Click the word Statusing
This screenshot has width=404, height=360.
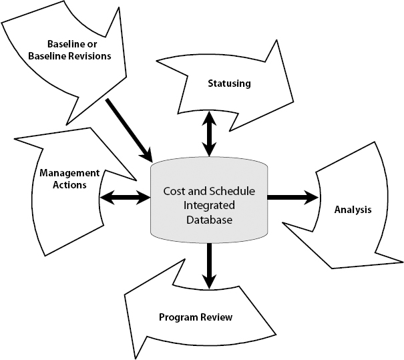coord(228,83)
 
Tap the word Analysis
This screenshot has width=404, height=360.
coord(353,210)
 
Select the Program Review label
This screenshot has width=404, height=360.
coord(195,317)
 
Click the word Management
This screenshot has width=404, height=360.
coord(69,173)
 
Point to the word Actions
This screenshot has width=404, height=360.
coord(69,185)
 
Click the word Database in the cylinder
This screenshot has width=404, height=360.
coord(209,218)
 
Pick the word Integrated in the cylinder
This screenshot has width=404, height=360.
coord(209,204)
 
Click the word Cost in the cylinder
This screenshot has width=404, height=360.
coord(175,191)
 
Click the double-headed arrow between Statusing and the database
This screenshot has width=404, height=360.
coord(210,134)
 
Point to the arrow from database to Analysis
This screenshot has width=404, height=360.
coord(292,197)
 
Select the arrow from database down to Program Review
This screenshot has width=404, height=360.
coord(210,264)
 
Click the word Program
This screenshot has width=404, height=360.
coord(176,317)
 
